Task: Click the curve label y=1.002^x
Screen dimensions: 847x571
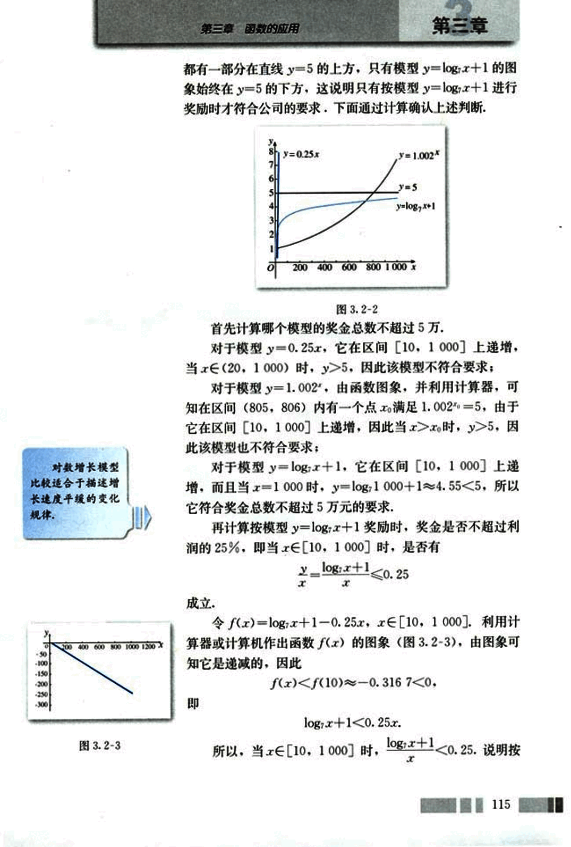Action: [x=419, y=155]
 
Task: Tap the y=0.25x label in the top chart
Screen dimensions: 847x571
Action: [x=301, y=154]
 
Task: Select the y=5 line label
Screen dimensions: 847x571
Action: [x=407, y=187]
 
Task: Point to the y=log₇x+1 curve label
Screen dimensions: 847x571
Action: [x=416, y=206]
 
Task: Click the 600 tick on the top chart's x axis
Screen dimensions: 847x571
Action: [x=348, y=267]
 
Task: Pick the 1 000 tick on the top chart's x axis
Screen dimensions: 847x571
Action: [x=396, y=267]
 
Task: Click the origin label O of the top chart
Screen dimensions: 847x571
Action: [x=271, y=268]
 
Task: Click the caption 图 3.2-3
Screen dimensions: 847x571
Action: [x=99, y=745]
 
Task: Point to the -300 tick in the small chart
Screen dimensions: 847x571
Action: [x=41, y=705]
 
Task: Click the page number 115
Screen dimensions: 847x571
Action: [x=501, y=803]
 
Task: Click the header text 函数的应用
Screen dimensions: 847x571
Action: [x=272, y=29]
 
